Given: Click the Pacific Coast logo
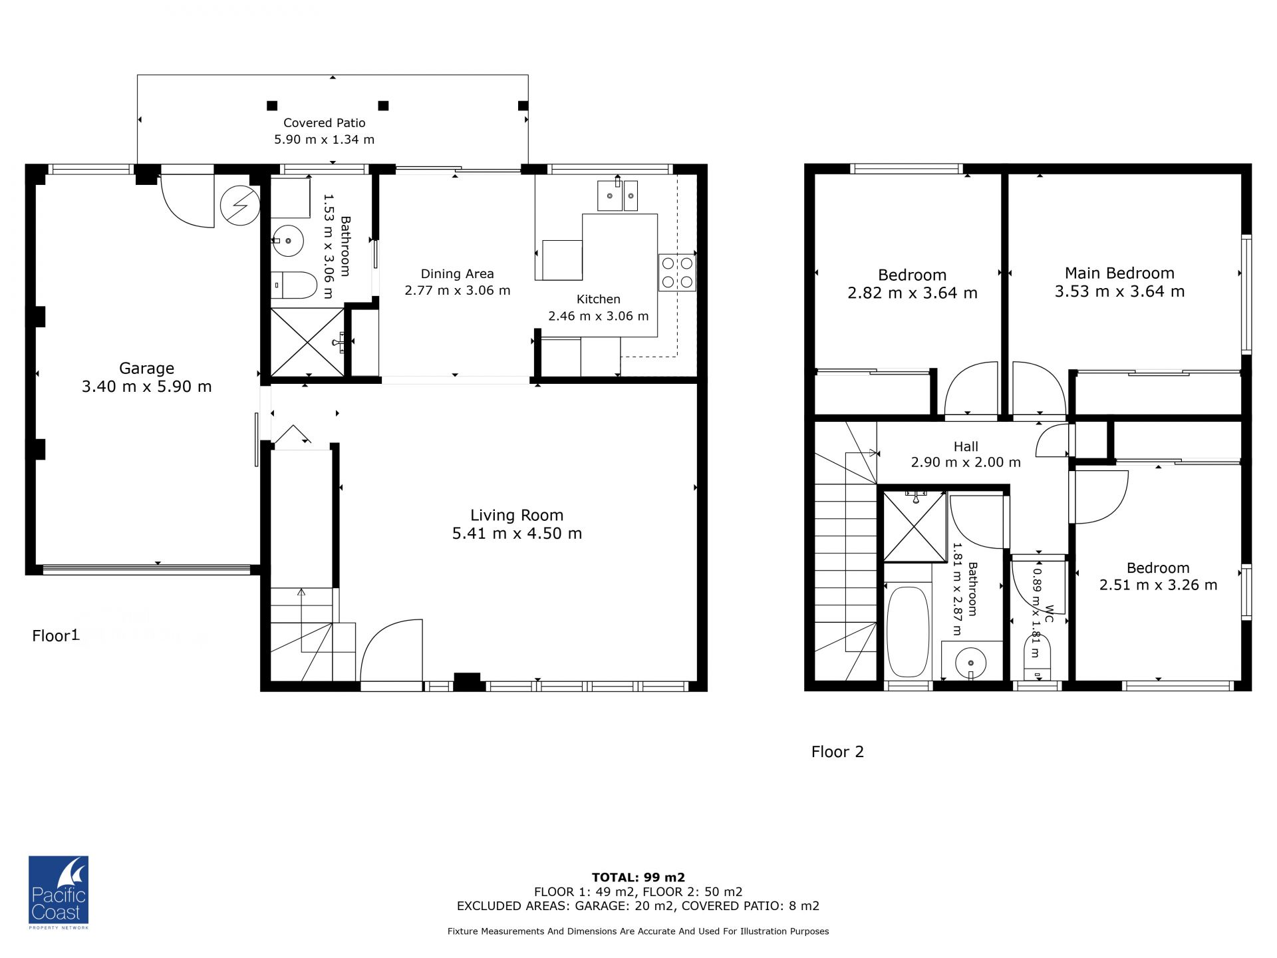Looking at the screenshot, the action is point(59,892).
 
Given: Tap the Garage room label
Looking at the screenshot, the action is point(146,368).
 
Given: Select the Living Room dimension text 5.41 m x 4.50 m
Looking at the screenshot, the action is point(517,533).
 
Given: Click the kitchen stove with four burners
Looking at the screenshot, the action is point(677,273).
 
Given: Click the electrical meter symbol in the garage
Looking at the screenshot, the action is point(240,205).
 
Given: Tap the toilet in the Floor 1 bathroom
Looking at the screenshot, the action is point(294,285).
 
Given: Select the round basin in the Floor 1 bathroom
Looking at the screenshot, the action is point(288,240).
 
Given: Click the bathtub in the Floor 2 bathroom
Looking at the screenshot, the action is point(908,631).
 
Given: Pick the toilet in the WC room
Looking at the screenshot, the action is point(1037,657).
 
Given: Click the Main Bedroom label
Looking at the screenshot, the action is point(1119,273).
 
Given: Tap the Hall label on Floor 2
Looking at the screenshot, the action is point(966,446).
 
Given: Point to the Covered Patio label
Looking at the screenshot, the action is point(325,122).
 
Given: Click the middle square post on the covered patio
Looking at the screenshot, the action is point(383,105).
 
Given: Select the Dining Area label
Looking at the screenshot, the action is point(457,273).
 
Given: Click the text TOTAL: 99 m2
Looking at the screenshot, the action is point(638,878).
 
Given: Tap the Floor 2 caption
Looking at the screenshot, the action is point(837,752).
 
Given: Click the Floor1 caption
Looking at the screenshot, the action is point(56,635).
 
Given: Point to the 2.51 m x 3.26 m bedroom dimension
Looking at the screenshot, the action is point(1158,585).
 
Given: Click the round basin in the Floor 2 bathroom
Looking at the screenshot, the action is point(971,663).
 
